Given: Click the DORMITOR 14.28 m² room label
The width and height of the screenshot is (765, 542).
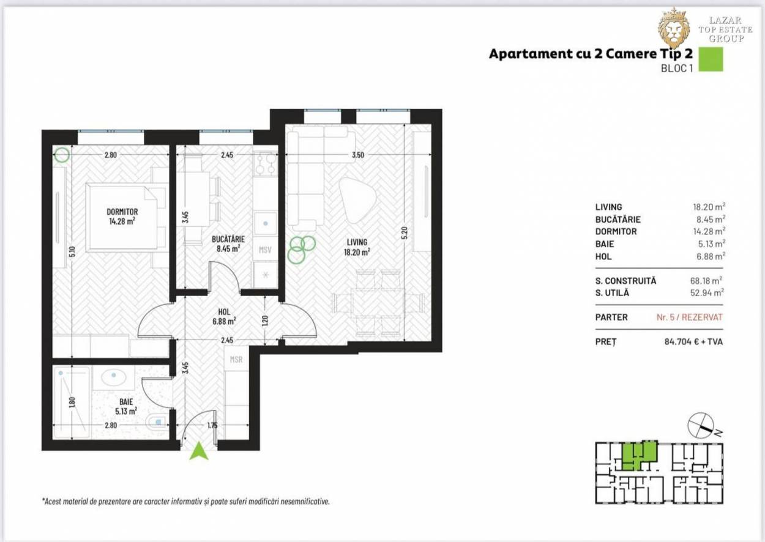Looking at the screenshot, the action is click(122, 217).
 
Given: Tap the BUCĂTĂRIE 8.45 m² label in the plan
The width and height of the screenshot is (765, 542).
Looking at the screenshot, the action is click(228, 243).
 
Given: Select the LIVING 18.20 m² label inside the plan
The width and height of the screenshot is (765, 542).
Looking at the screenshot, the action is click(357, 247).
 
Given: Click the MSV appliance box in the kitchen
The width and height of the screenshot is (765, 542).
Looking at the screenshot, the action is click(265, 250).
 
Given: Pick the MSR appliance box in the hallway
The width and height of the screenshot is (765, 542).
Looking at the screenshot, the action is click(236, 360).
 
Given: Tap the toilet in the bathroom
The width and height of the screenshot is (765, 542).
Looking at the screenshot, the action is click(156, 422).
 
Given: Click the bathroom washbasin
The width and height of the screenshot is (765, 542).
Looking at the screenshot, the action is click(113, 378).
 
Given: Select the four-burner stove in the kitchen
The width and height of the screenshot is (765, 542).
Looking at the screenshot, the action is click(266, 165).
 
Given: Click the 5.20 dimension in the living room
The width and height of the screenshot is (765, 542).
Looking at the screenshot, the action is click(405, 233).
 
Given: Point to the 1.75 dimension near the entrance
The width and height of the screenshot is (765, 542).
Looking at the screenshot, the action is click(212, 425).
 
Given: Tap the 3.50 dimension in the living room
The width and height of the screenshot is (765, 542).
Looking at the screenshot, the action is click(357, 155).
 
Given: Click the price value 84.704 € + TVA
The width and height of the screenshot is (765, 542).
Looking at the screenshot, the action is click(693, 341).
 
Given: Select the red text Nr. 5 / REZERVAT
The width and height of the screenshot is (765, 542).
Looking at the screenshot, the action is click(689, 317).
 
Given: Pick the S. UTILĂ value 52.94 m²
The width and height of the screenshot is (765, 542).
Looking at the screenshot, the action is click(707, 292).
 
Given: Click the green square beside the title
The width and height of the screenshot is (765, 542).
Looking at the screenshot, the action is click(711, 59).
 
